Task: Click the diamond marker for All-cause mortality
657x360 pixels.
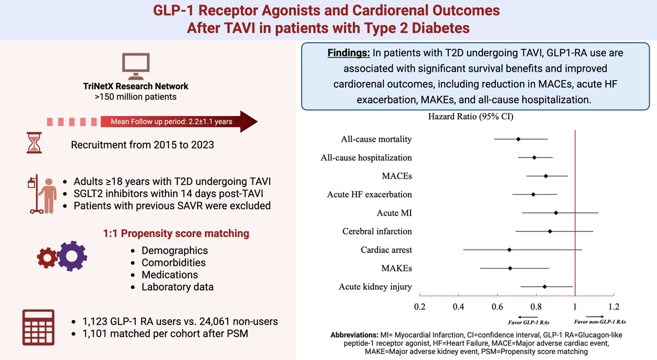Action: pyautogui.click(x=518, y=139)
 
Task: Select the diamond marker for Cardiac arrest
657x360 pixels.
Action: pyautogui.click(x=510, y=249)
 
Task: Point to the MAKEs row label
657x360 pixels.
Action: pyautogui.click(x=396, y=268)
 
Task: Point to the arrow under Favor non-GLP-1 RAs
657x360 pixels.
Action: pyautogui.click(x=595, y=316)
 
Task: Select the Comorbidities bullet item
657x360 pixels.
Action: pyautogui.click(x=170, y=263)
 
